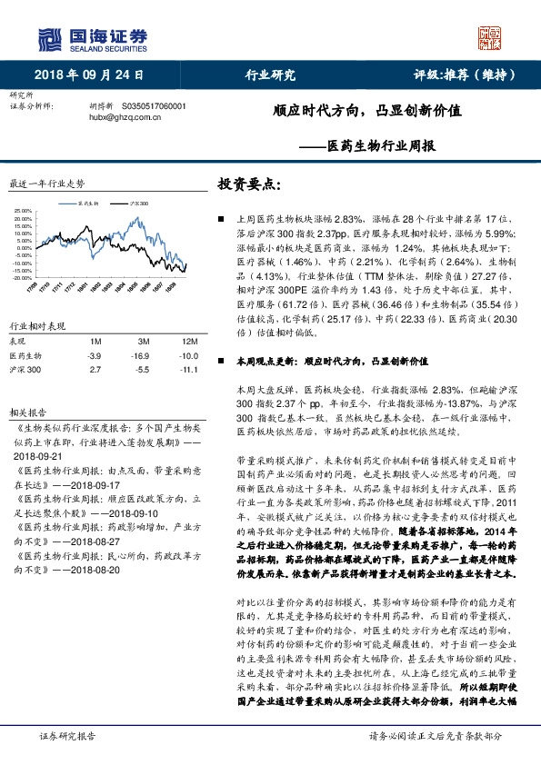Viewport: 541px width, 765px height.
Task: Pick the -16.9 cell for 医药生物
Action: [x=139, y=356]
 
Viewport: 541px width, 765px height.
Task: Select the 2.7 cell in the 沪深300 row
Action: [x=94, y=371]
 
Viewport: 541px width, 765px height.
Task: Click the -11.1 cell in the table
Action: [x=188, y=371]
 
